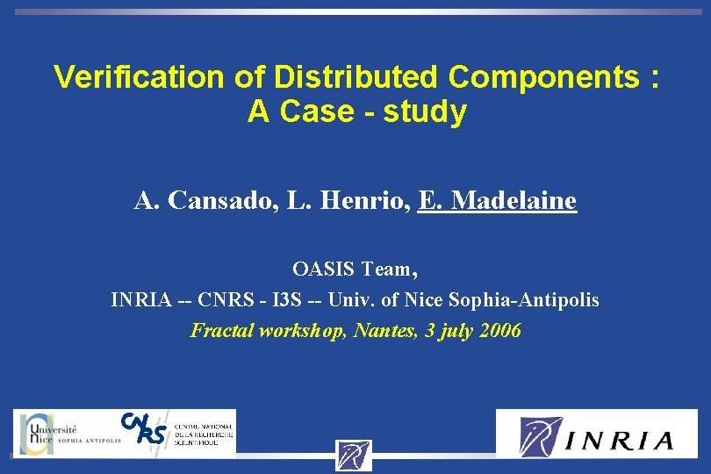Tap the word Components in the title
[544, 77]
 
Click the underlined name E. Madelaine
[498, 201]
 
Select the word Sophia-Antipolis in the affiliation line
[524, 300]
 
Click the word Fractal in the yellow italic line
[221, 331]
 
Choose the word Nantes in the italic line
[383, 331]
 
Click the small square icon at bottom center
[354, 456]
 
